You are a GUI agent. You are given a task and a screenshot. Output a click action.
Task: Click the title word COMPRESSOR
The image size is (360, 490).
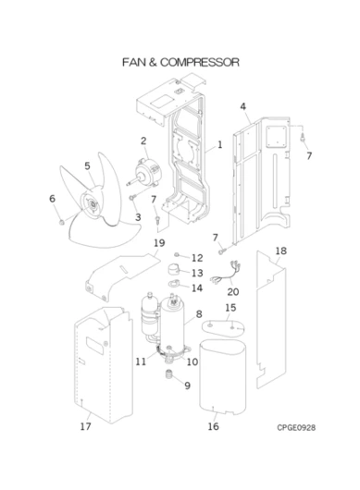[200, 62]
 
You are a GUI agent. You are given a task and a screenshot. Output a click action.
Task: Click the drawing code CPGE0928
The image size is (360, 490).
[296, 427]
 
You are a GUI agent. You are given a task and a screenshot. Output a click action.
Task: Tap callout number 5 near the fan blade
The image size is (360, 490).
[87, 165]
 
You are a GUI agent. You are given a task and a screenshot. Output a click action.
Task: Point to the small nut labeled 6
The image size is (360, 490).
[62, 222]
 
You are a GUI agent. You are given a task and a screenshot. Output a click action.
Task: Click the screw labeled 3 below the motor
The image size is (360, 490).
[132, 197]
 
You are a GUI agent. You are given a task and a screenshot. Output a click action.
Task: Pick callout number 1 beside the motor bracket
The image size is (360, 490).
[220, 144]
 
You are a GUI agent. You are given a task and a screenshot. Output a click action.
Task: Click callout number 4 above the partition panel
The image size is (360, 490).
[243, 106]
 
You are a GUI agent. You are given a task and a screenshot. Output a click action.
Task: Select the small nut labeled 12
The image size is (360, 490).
[177, 255]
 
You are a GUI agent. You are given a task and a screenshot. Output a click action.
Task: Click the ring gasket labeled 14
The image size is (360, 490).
[174, 284]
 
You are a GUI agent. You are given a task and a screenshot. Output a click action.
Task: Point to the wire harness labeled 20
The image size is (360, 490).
[226, 273]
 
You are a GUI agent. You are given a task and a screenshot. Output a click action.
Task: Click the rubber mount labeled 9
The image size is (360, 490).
[169, 374]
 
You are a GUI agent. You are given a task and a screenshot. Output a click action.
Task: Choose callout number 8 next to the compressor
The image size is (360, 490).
[199, 314]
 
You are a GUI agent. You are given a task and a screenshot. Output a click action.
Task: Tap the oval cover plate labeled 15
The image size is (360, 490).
[223, 329]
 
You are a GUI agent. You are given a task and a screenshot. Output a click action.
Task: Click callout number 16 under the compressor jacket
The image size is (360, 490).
[213, 426]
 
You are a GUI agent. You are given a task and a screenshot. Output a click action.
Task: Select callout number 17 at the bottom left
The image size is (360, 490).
[85, 426]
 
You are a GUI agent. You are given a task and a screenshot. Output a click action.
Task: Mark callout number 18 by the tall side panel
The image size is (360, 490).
[280, 251]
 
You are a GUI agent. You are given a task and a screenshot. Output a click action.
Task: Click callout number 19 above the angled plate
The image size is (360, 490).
[159, 243]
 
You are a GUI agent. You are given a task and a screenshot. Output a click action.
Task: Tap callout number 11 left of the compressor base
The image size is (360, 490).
[141, 361]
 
